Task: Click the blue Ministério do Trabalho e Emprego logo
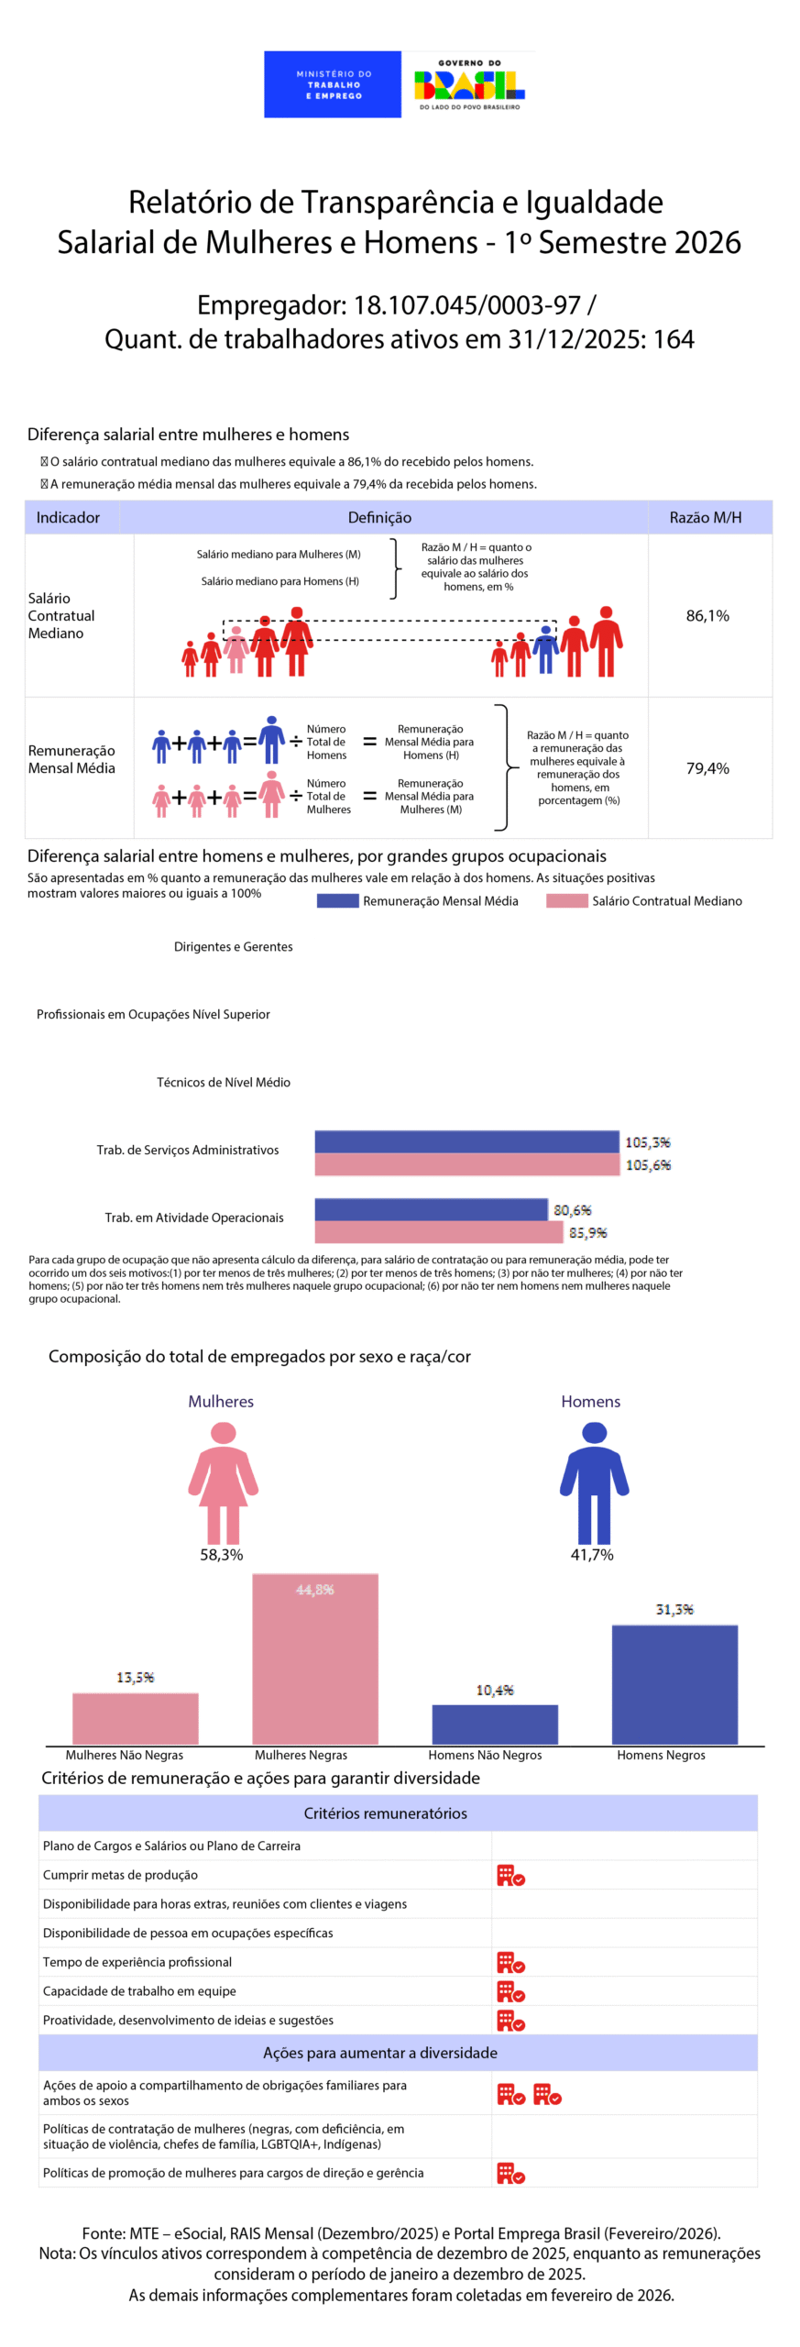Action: click(332, 84)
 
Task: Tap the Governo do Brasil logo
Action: click(469, 85)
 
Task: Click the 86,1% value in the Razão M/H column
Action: click(707, 616)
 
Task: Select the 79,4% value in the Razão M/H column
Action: click(707, 768)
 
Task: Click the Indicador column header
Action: click(68, 518)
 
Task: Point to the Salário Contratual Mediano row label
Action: click(60, 616)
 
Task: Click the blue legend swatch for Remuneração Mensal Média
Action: click(337, 901)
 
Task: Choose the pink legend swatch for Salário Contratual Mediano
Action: click(566, 901)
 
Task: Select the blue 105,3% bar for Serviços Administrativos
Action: click(466, 1141)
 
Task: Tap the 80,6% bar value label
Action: click(573, 1210)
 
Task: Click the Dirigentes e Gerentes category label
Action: click(233, 947)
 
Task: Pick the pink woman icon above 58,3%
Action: click(223, 1482)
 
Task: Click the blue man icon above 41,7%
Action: click(594, 1482)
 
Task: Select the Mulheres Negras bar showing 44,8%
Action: click(315, 1659)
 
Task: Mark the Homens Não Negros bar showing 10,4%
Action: click(495, 1724)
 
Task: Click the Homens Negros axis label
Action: click(661, 1755)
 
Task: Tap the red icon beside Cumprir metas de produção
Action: click(510, 1875)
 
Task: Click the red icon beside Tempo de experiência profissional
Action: click(510, 1962)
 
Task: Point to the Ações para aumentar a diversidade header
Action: click(380, 2053)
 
